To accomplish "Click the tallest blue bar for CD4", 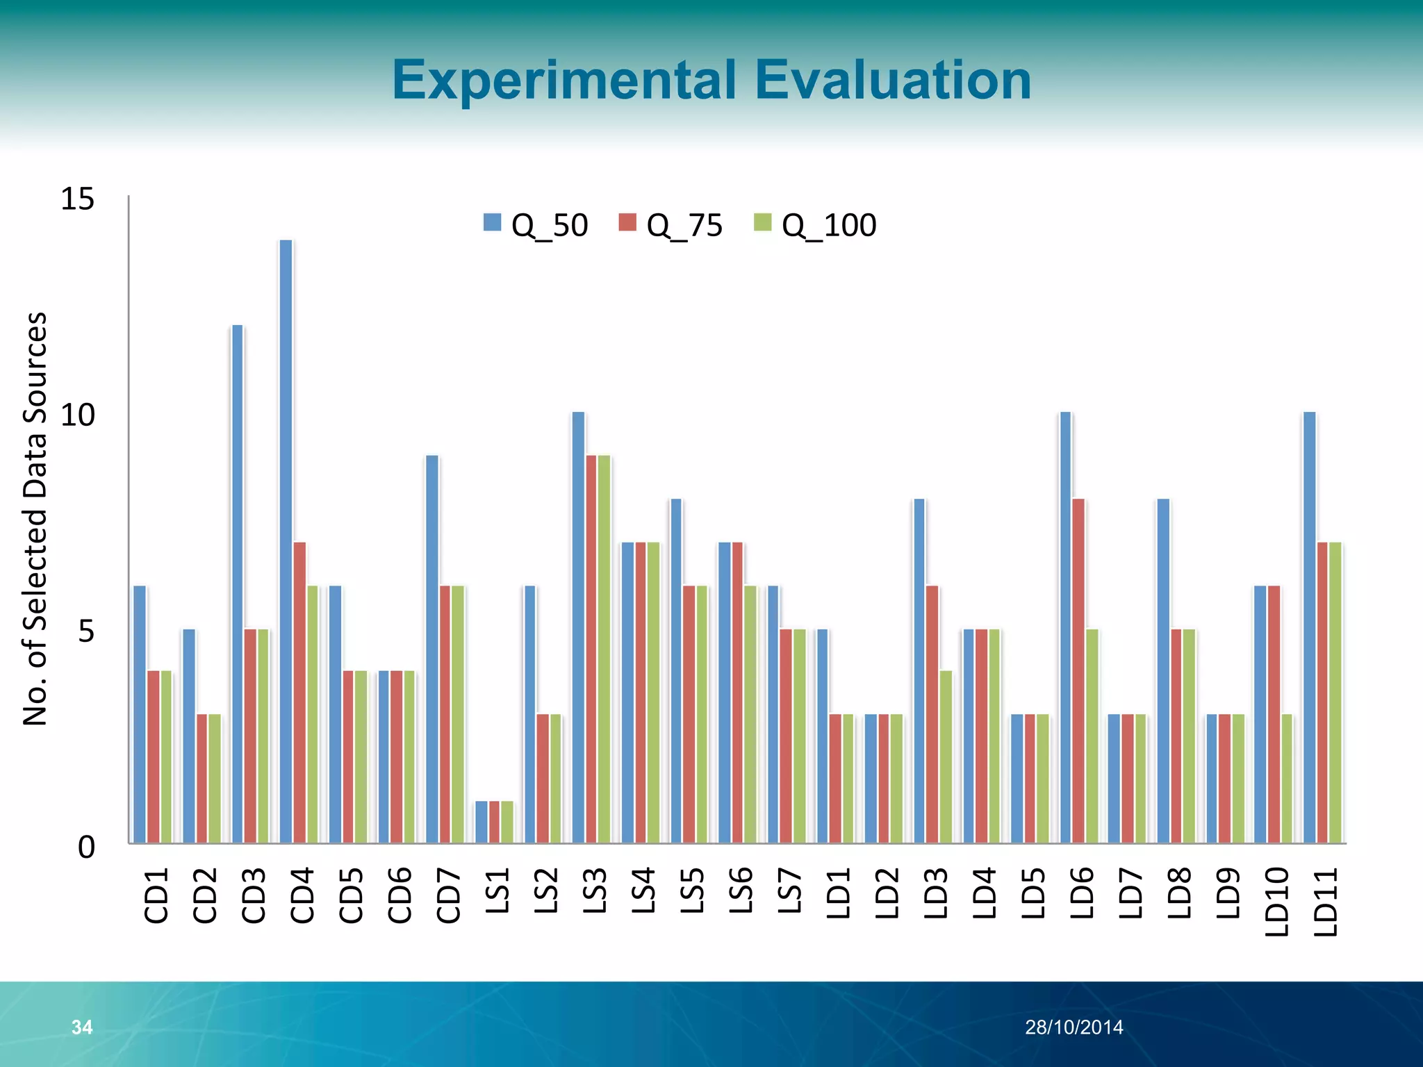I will coord(286,542).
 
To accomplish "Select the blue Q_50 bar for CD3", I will coord(237,584).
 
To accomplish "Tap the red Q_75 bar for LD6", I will coord(1078,670).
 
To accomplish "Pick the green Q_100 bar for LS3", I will coord(604,650).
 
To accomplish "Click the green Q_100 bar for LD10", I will coord(1287,778).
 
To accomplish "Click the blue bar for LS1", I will coord(482,822).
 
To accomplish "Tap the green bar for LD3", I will coord(946,756).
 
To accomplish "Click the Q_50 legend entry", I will coord(536,225).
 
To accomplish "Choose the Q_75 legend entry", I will coord(671,225).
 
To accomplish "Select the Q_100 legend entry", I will coord(815,225).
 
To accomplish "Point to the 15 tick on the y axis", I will coord(77,199).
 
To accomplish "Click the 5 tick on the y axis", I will coord(85,631).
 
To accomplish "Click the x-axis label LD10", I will coord(1277,902).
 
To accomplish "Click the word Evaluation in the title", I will coord(892,80).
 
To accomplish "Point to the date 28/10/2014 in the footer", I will coord(1074,1027).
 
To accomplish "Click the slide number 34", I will coord(82,1027).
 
